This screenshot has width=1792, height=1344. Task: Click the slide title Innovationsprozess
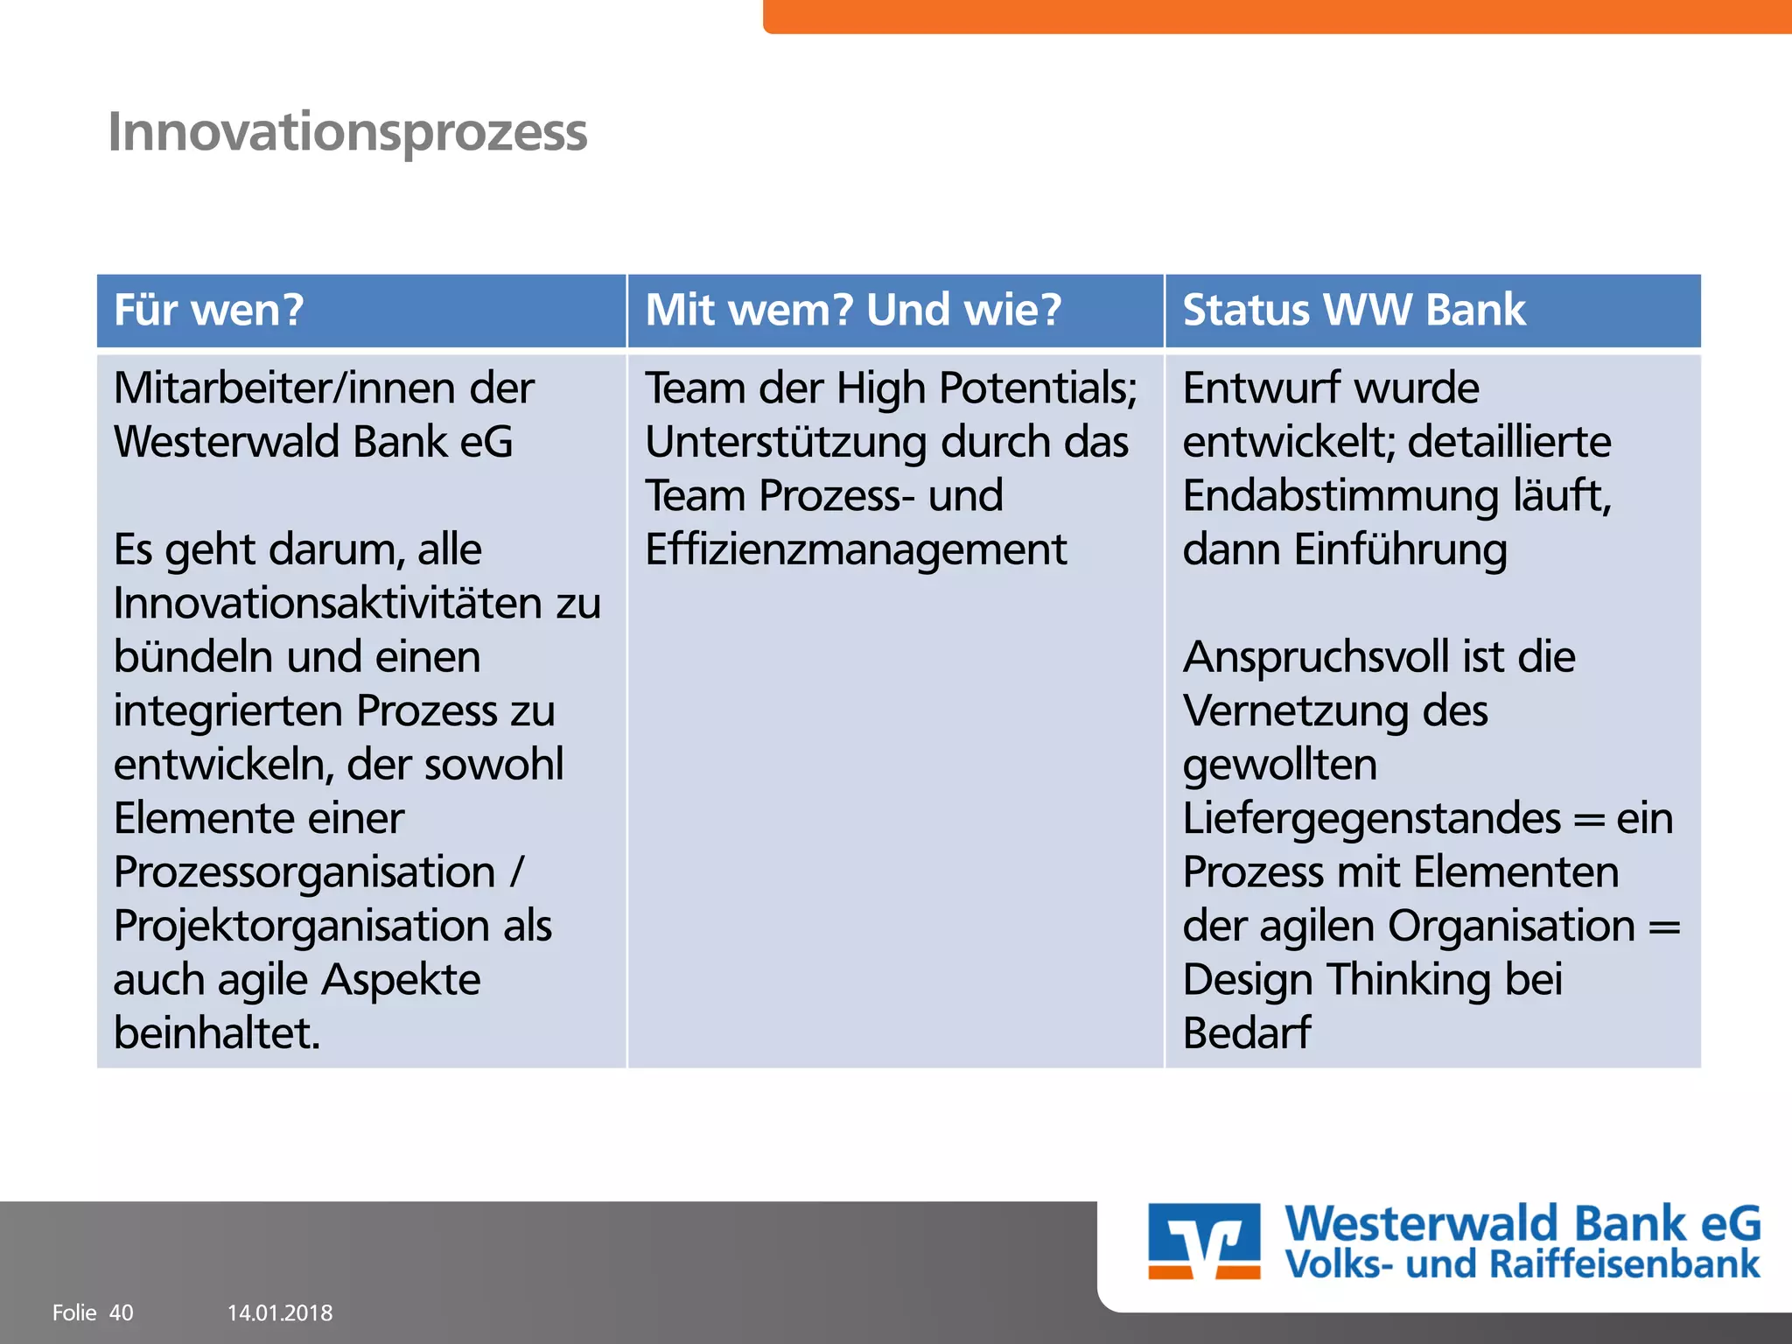[x=347, y=133]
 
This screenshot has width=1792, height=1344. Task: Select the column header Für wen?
[x=208, y=311]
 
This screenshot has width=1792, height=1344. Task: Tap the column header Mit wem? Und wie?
[x=853, y=311]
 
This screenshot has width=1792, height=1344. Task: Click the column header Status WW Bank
[x=1354, y=311]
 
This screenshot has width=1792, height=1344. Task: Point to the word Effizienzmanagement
[x=856, y=550]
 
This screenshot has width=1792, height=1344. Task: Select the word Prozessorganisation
[x=304, y=872]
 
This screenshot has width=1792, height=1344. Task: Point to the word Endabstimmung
[x=1340, y=496]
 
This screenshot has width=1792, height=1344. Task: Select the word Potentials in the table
[x=1038, y=388]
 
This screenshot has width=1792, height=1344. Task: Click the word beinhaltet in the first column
[x=216, y=1033]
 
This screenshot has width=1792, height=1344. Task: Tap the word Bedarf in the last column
[x=1246, y=1033]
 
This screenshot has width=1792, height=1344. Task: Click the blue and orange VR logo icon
[x=1204, y=1241]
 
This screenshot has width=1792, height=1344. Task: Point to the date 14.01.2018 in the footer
[x=280, y=1312]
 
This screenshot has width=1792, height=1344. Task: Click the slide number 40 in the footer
[x=121, y=1312]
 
